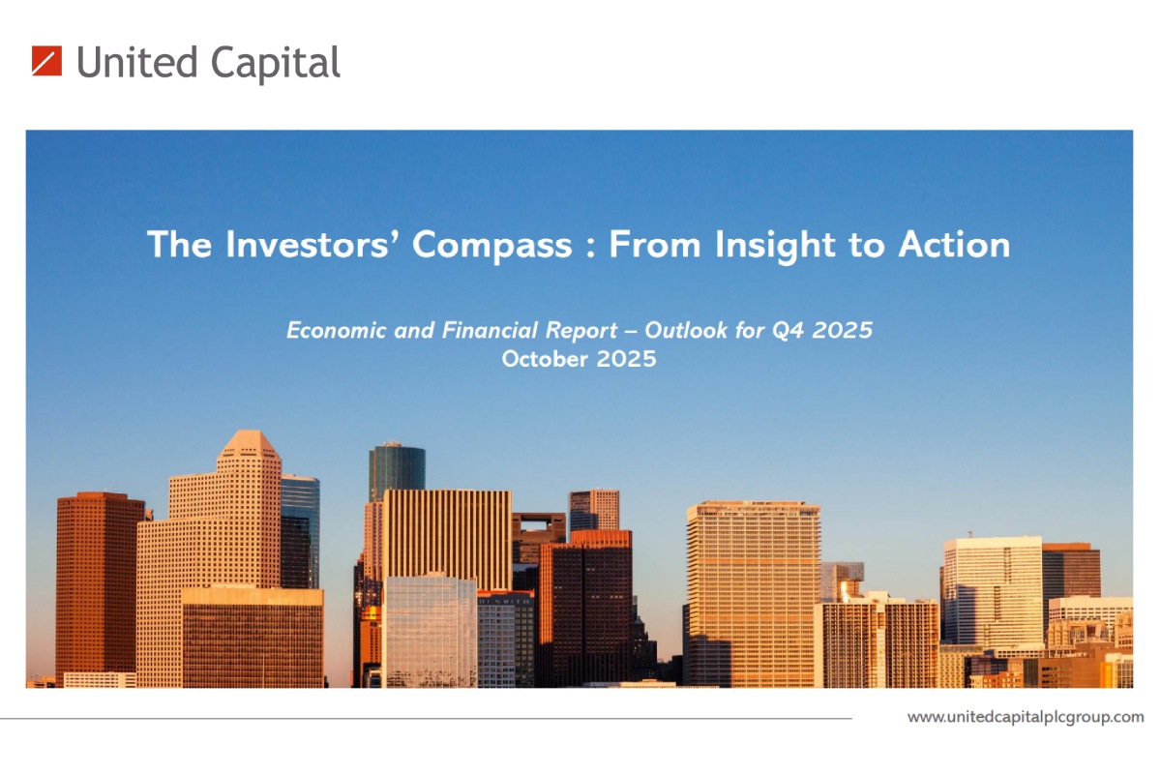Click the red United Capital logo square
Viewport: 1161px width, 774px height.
coord(46,61)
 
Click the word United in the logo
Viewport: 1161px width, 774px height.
coord(136,62)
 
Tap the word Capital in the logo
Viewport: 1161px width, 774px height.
coord(275,64)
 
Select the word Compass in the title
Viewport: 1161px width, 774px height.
coord(491,246)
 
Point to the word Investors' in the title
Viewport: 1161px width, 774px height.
coord(307,244)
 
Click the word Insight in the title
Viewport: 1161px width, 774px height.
coord(775,246)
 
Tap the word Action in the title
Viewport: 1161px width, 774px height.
coord(954,244)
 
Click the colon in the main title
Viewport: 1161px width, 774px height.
coord(590,248)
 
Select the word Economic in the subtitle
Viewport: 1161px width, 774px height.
coord(337,330)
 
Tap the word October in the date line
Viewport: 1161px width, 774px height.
coord(545,359)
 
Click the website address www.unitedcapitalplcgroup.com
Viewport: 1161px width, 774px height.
coord(1026,718)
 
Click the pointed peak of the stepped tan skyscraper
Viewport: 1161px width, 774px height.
coord(251,432)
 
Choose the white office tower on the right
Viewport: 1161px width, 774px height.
coord(992,591)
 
